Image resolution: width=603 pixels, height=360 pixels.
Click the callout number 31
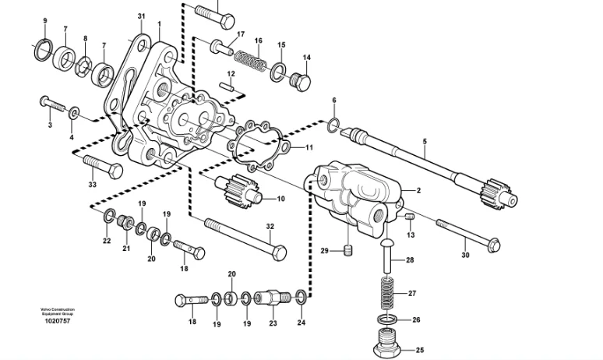click(140, 16)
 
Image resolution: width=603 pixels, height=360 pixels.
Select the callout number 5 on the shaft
click(425, 142)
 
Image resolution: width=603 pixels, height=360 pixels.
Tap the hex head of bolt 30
click(491, 246)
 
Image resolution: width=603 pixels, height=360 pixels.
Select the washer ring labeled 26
click(385, 320)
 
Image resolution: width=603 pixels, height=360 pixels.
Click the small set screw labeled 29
click(349, 250)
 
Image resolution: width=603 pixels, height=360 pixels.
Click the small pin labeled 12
click(229, 87)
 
